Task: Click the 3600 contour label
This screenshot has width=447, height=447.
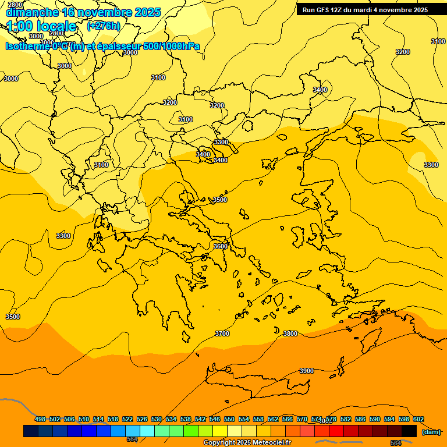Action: click(221, 246)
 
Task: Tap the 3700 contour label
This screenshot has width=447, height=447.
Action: click(222, 334)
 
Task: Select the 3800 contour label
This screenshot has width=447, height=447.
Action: click(290, 334)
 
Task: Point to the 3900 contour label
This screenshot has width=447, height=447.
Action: click(306, 371)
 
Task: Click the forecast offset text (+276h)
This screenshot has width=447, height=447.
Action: click(103, 26)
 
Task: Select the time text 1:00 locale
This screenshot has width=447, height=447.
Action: click(41, 26)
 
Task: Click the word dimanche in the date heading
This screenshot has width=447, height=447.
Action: click(32, 12)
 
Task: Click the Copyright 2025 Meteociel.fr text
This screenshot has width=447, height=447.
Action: click(247, 443)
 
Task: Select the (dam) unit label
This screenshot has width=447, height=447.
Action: click(431, 432)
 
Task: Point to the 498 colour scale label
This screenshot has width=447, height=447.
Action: click(40, 419)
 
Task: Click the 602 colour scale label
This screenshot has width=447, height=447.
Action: click(418, 419)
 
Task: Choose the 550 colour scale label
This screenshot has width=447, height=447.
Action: click(229, 419)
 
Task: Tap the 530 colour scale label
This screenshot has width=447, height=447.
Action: click(157, 419)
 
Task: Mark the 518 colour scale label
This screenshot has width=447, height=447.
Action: click(113, 419)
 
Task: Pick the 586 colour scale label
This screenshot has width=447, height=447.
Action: click(360, 419)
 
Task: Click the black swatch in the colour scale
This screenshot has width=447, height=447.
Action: click(409, 431)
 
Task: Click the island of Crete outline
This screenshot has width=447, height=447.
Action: click(256, 378)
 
